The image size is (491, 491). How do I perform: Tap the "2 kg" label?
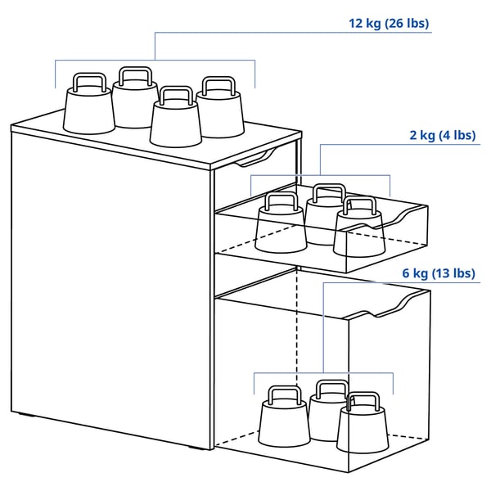[x=422, y=135]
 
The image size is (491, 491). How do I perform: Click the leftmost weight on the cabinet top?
[x=89, y=108]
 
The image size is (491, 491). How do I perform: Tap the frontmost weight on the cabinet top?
[x=176, y=123]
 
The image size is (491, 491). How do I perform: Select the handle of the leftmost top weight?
[x=89, y=81]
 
